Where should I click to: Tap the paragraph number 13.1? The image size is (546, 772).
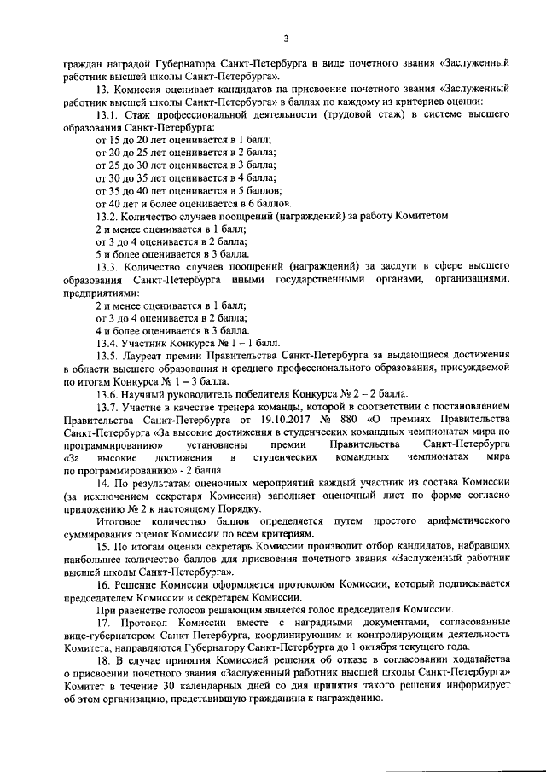coord(107,113)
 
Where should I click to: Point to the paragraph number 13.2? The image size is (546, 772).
coord(107,216)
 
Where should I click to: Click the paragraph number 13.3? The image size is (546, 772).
coord(107,267)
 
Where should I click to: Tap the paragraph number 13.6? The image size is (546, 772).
coord(107,393)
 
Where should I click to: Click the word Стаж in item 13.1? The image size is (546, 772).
coord(137,113)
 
